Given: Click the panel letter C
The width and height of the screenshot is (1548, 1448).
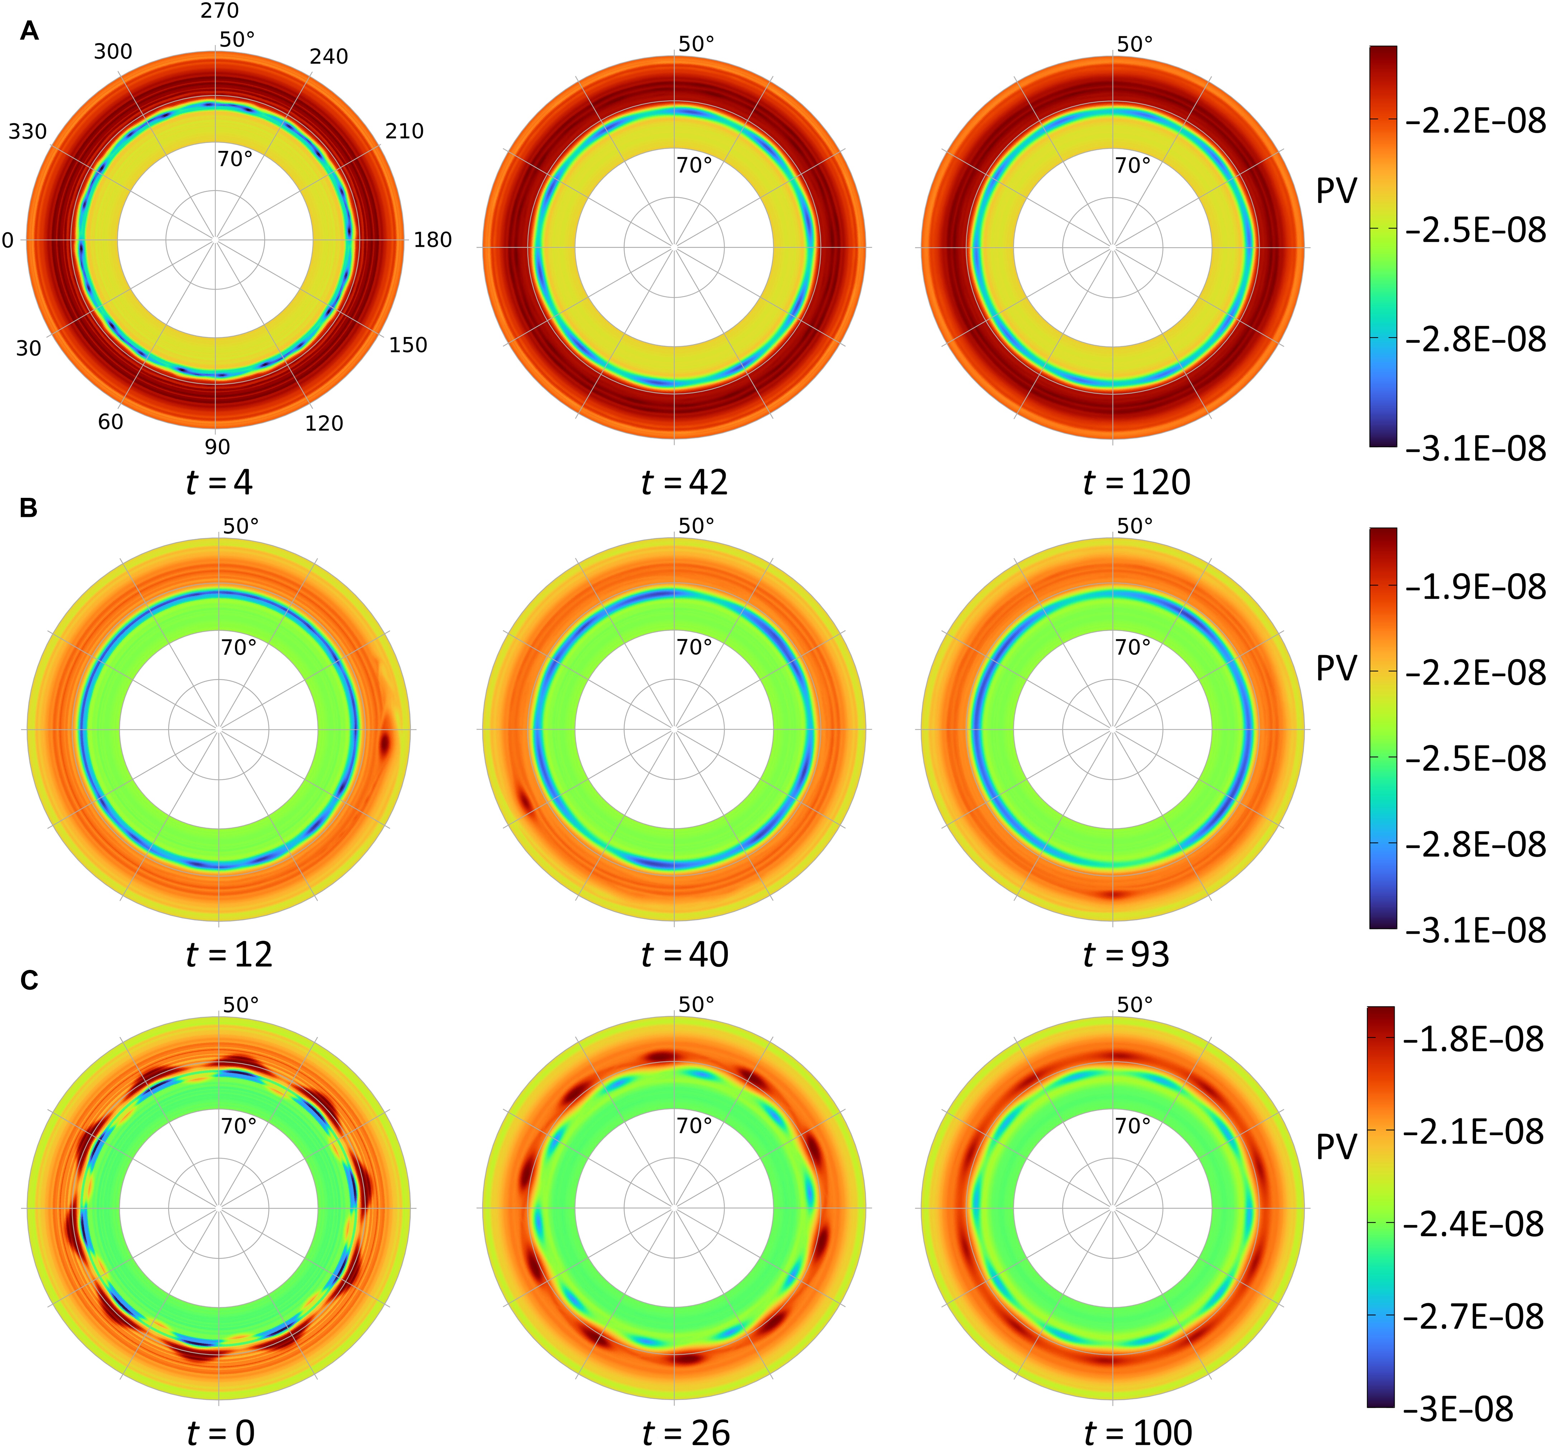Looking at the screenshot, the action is click(x=29, y=980).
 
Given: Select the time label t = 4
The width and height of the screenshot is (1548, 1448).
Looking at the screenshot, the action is click(x=220, y=483).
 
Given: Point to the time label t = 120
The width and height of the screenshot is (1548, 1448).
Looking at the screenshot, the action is click(x=1137, y=483).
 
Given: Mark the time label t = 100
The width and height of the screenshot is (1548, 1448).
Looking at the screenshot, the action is click(x=1138, y=1432).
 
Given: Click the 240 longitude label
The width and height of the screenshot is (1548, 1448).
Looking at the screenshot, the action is click(x=329, y=57).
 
